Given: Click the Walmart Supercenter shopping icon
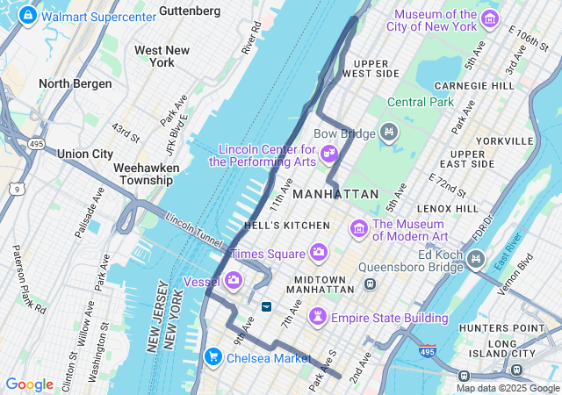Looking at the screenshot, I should (x=27, y=16).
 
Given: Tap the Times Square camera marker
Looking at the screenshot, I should (x=319, y=253).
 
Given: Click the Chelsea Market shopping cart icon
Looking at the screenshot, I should (x=213, y=357).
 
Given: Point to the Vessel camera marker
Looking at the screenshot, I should (x=234, y=281).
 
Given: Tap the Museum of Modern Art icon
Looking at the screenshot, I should (x=358, y=229).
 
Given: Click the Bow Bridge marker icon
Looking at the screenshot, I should (x=389, y=133).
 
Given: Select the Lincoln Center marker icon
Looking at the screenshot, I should (x=328, y=154).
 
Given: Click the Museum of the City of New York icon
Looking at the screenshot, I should (x=490, y=20).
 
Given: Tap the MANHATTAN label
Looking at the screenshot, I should (x=335, y=193).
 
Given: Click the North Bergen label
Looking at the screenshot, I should (x=76, y=83).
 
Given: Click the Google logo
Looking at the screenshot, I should (x=29, y=384).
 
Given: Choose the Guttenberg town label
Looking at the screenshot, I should (x=190, y=11).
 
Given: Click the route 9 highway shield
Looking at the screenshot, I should (x=16, y=189).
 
